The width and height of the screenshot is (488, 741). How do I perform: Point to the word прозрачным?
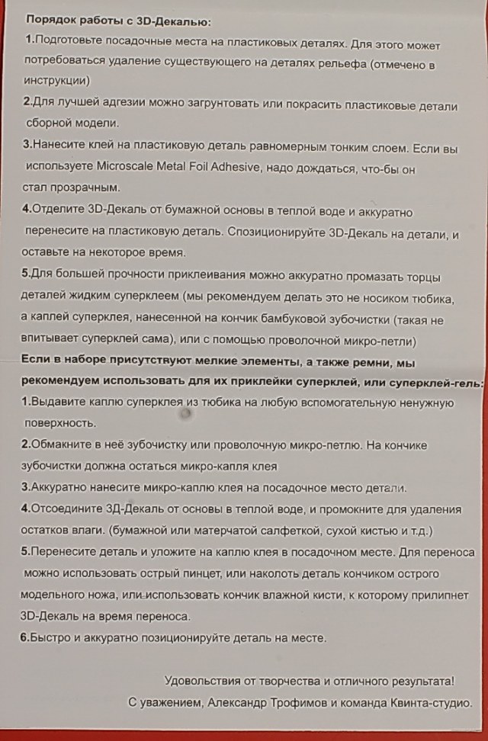click(83, 187)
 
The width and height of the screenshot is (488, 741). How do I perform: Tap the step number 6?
click(24, 637)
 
